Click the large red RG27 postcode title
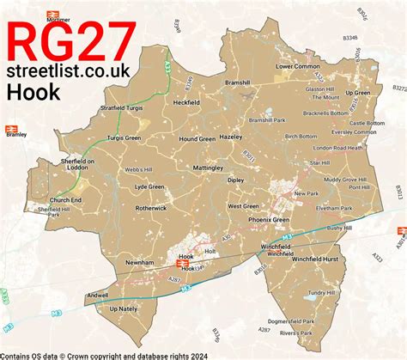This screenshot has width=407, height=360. (x=71, y=43)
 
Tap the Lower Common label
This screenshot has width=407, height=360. (x=297, y=65)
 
